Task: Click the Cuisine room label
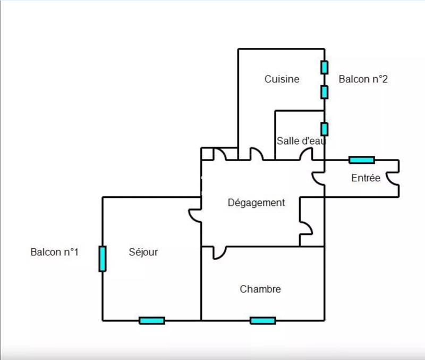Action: (282, 79)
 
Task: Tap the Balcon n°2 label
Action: (363, 79)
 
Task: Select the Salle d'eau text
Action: (300, 141)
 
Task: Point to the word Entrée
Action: (365, 178)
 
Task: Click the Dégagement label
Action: (256, 203)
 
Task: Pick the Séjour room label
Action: (143, 252)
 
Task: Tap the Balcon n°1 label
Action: (55, 252)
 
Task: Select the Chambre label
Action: (260, 290)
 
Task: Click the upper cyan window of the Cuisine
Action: (324, 68)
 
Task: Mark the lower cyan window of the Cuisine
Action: (324, 92)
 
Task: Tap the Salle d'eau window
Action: (324, 129)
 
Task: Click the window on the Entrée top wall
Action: (361, 160)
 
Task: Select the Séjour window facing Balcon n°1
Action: (102, 258)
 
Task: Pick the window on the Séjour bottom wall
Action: (151, 321)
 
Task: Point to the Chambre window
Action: (262, 321)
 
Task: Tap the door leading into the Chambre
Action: (219, 252)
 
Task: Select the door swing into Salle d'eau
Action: (306, 154)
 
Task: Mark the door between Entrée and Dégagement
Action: (318, 179)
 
